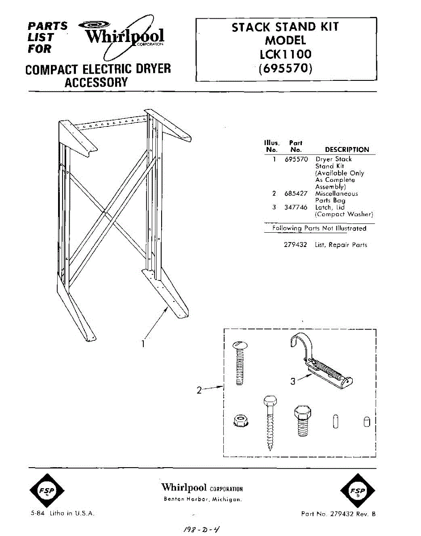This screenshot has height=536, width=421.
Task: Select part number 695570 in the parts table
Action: (296, 159)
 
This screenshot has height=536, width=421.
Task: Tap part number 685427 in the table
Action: (296, 194)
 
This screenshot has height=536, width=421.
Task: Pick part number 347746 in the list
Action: (296, 207)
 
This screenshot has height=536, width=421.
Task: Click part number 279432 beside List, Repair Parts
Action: (296, 245)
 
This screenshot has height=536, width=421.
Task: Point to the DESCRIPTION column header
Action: (347, 150)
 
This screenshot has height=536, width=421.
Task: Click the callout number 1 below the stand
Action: (142, 344)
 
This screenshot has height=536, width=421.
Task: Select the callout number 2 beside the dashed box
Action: (200, 390)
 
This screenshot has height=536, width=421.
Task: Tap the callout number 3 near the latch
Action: (293, 381)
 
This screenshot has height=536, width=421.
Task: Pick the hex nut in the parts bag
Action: (242, 420)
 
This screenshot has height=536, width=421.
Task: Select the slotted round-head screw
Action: (239, 362)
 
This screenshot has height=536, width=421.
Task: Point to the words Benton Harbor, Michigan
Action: (203, 499)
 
